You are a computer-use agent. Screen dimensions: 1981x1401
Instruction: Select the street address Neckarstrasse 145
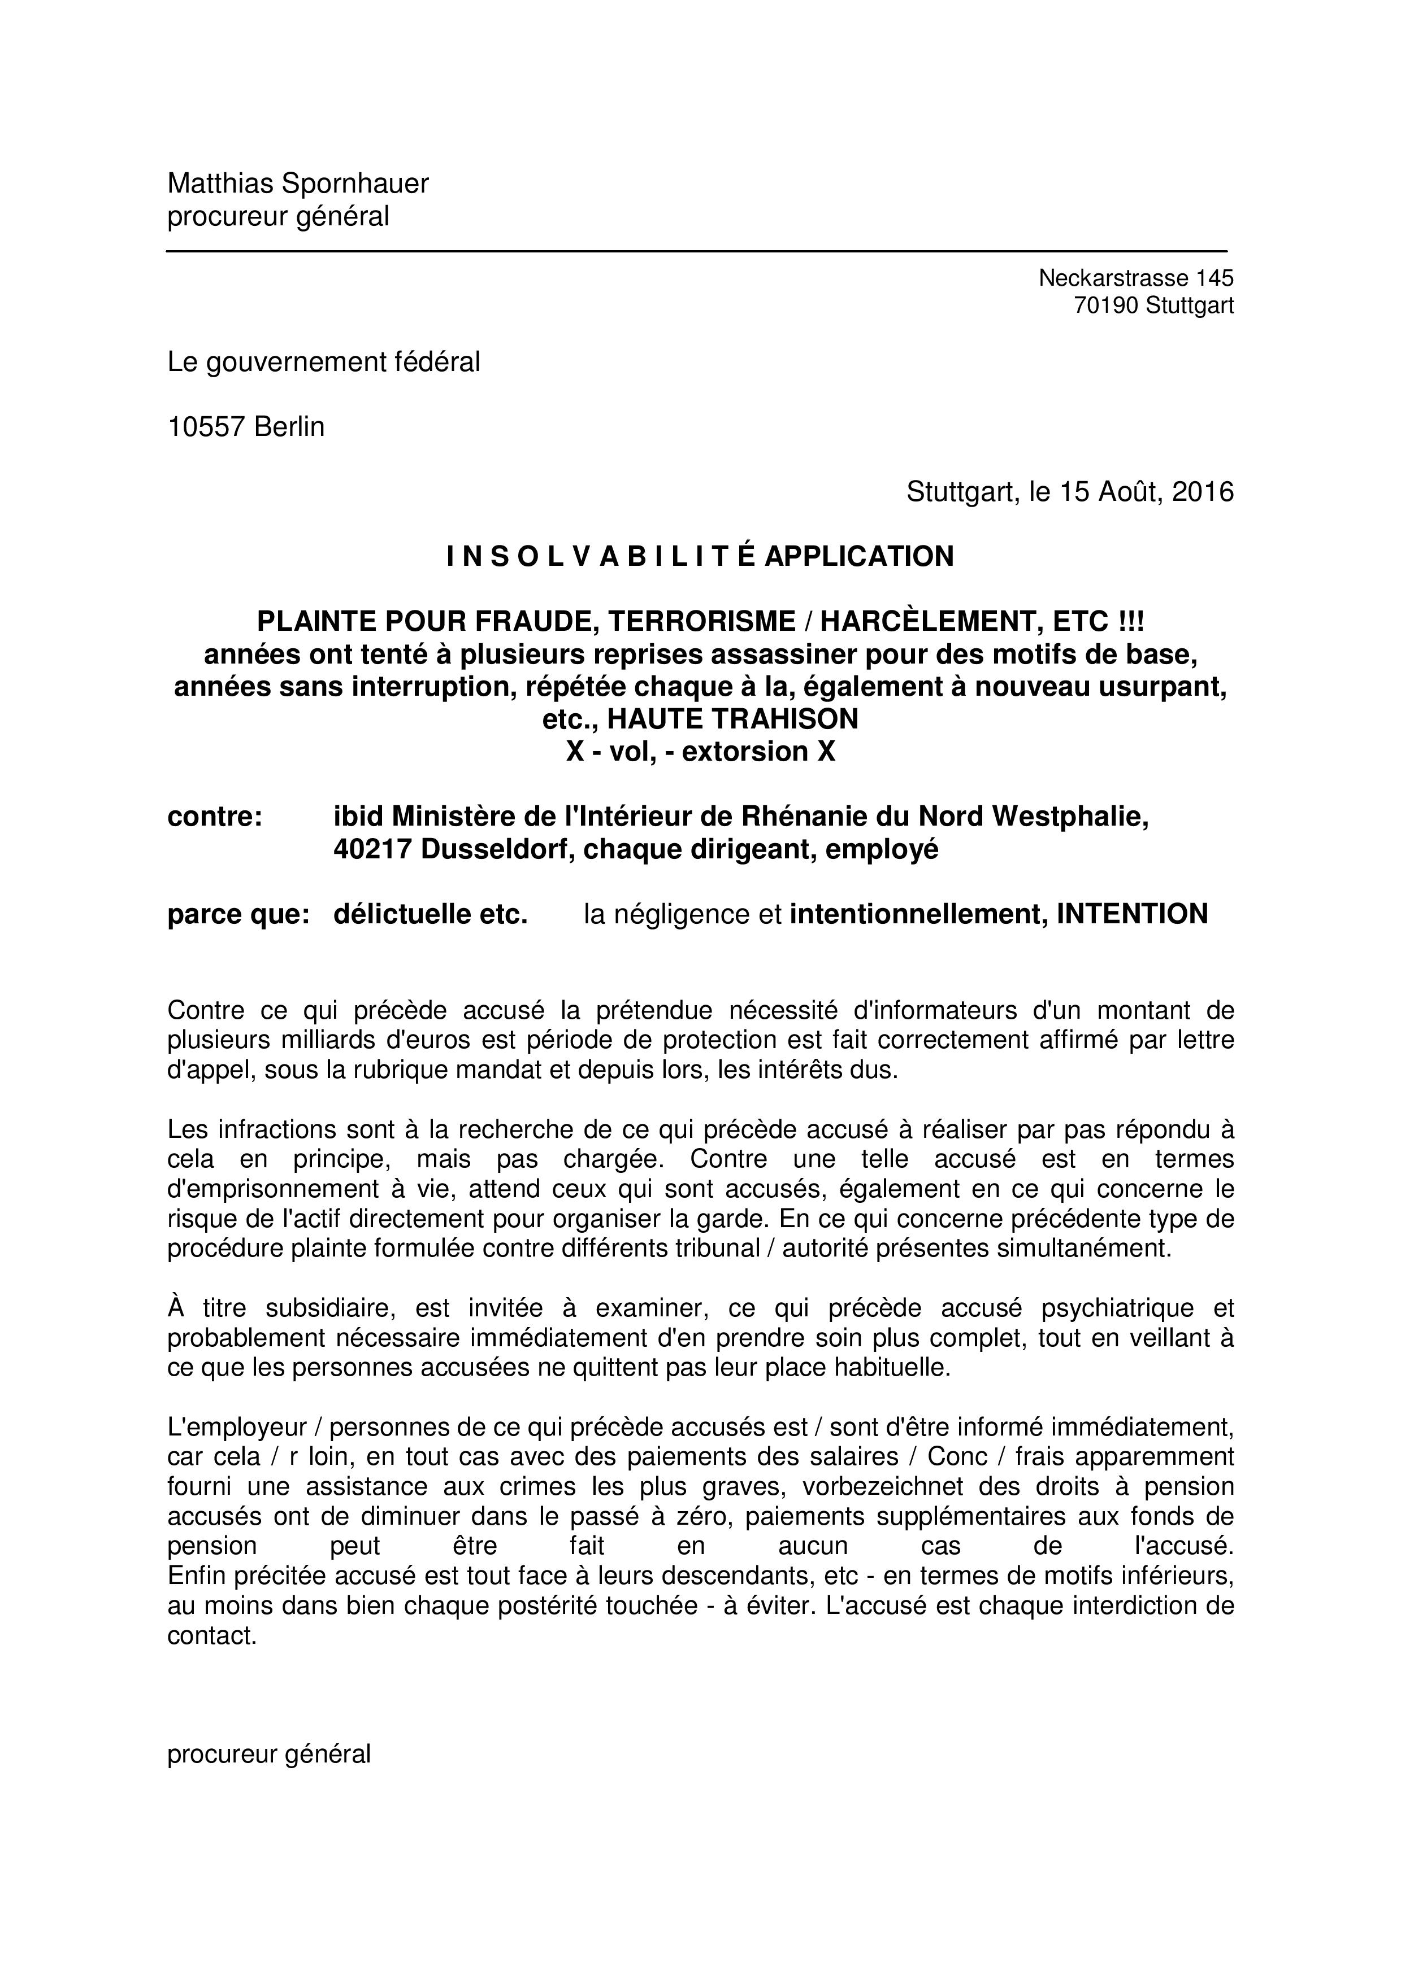point(1135,278)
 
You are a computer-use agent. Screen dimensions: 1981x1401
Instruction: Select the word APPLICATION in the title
point(859,556)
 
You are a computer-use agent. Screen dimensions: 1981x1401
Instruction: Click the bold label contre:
point(215,816)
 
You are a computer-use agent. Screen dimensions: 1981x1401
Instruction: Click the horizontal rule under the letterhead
point(696,251)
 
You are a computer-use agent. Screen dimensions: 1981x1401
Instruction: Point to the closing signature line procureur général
point(268,1754)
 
